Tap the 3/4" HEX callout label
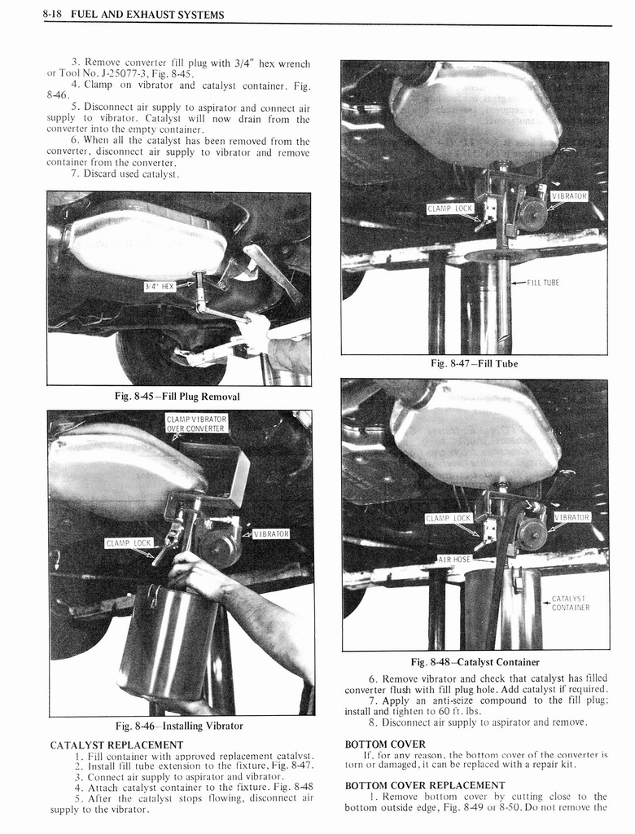point(160,286)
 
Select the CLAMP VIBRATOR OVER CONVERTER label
point(195,424)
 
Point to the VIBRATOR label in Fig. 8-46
point(271,534)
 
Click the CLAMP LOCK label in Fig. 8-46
point(129,543)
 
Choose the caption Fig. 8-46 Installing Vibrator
point(179,726)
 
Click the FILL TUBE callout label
point(542,283)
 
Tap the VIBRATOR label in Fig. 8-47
point(569,196)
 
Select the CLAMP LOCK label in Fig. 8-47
point(449,209)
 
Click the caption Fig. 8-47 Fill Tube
point(474,363)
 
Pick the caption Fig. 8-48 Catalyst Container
point(475,661)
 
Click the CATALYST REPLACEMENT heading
point(116,744)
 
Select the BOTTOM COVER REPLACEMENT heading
point(425,785)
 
